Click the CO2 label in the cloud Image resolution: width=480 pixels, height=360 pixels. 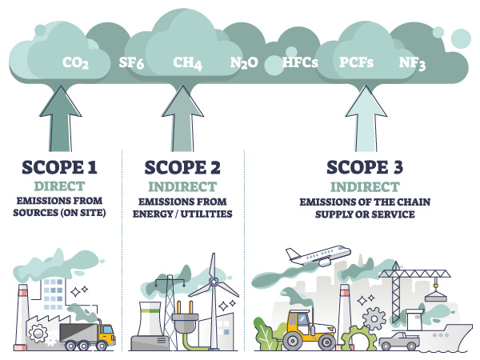[75, 62]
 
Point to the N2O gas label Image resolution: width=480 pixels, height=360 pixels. [243, 62]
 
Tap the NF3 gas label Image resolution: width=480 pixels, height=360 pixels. [413, 62]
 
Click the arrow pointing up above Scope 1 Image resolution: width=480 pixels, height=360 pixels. [60, 120]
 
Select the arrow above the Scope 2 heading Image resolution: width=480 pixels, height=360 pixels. [183, 120]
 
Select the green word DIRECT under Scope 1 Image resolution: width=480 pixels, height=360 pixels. [60, 185]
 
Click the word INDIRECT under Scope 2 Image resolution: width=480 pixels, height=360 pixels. [183, 185]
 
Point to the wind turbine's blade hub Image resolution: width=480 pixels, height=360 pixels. [214, 286]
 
